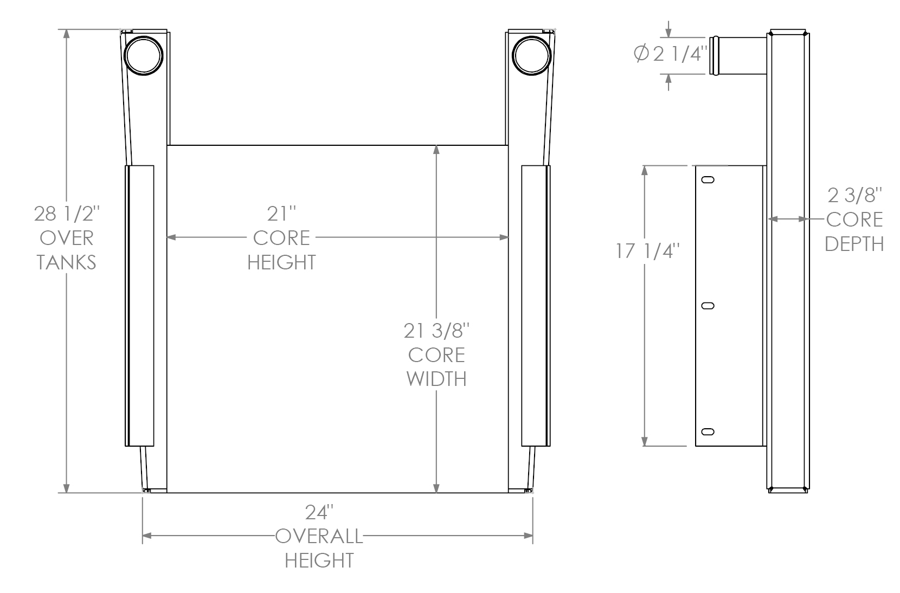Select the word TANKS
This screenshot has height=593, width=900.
click(x=66, y=262)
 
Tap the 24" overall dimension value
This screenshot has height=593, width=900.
click(x=319, y=513)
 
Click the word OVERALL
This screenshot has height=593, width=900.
click(x=319, y=537)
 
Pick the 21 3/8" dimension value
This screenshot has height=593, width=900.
click(x=436, y=330)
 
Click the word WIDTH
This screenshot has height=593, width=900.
click(x=436, y=379)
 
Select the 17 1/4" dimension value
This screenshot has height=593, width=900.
click(x=647, y=251)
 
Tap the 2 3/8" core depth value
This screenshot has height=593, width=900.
click(x=854, y=195)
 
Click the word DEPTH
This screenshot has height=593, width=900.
click(x=854, y=244)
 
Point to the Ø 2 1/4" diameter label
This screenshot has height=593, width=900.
click(x=671, y=54)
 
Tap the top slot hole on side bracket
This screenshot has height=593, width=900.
click(x=708, y=180)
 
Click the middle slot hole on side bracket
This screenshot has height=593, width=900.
click(x=708, y=306)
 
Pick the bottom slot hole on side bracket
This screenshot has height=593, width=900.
click(x=708, y=431)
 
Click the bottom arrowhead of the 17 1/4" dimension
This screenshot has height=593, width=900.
click(x=645, y=441)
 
